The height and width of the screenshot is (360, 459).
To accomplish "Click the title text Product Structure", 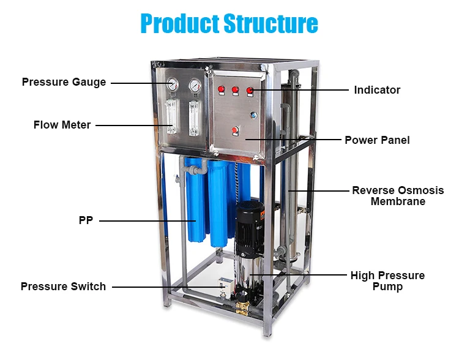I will click(x=229, y=23).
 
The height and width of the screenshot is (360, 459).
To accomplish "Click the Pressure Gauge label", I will click(x=64, y=82).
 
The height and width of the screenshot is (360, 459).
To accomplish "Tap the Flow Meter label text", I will click(x=62, y=125).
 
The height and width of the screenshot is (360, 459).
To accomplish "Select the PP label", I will click(x=86, y=220).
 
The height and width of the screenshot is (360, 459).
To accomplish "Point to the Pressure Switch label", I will click(x=63, y=287).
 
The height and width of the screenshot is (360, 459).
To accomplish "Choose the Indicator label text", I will click(x=377, y=90).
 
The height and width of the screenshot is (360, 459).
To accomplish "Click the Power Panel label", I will click(x=377, y=140).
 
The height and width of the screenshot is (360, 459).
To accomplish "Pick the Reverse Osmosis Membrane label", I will click(x=398, y=196).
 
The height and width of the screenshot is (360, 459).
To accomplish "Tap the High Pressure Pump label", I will click(x=387, y=281).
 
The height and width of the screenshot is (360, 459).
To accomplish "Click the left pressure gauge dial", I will click(x=173, y=85).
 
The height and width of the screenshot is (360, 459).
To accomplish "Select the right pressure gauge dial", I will click(x=195, y=85).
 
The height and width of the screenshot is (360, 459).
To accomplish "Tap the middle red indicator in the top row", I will click(x=235, y=91).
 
